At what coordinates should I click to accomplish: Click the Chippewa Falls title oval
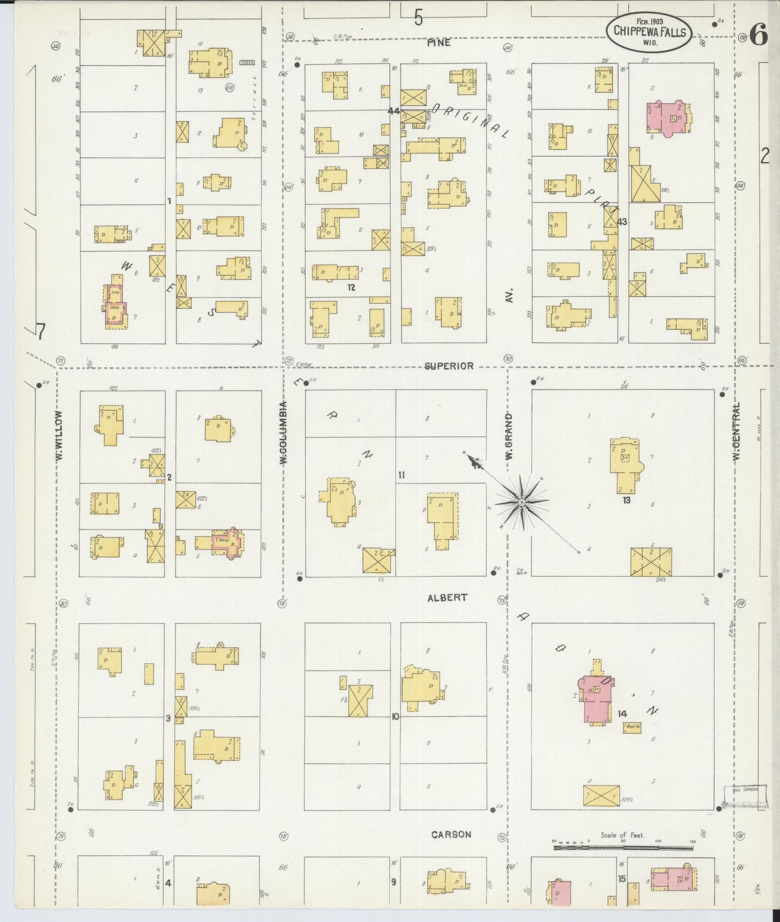(x=649, y=32)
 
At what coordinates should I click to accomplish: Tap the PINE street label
(x=438, y=43)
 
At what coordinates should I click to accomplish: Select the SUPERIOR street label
(x=449, y=366)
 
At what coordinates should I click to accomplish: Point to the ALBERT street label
(x=447, y=598)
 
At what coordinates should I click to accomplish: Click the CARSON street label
(x=451, y=835)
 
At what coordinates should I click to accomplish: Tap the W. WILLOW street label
(x=59, y=435)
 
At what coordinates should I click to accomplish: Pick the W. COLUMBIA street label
(x=283, y=433)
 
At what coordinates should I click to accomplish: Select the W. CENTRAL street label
(x=736, y=431)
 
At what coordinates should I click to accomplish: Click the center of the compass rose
(x=521, y=503)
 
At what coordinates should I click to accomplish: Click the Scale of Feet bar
(x=623, y=848)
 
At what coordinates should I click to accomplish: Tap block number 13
(x=626, y=500)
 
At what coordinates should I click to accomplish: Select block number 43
(x=622, y=222)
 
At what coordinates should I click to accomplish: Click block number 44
(x=394, y=111)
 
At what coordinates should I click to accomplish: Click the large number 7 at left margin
(x=40, y=331)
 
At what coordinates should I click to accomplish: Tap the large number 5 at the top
(x=418, y=19)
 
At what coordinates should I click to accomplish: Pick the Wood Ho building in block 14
(x=632, y=727)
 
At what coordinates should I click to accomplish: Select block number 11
(x=401, y=475)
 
